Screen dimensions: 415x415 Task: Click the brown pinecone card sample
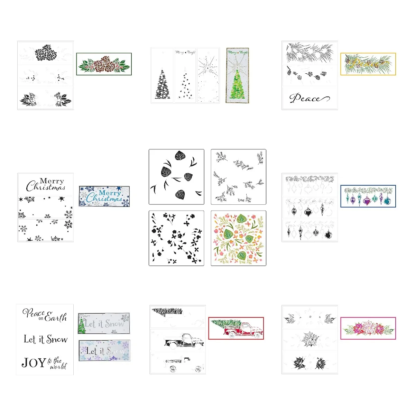tap(104, 64)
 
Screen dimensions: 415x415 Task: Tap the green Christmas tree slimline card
tap(237, 75)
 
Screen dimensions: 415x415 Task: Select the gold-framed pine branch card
tap(368, 64)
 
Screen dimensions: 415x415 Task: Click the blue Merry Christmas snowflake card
tap(104, 196)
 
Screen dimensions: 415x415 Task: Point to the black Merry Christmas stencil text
tap(46, 185)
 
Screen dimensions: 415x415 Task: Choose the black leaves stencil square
tap(176, 177)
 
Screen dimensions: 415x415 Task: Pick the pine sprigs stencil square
tap(239, 177)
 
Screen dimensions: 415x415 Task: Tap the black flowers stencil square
tap(176, 238)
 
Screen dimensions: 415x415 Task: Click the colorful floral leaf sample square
tap(239, 238)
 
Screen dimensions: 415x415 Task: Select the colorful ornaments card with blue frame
tap(368, 196)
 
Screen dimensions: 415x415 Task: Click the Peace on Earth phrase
tap(45, 315)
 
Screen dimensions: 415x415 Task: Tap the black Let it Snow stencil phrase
tap(46, 339)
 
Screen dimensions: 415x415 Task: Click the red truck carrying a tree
tap(236, 328)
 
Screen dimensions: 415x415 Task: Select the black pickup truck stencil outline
tap(183, 340)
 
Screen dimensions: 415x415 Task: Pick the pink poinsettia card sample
tap(368, 328)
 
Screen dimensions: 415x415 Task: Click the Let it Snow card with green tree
tap(104, 324)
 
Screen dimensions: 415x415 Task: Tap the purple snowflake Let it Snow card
tap(104, 351)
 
